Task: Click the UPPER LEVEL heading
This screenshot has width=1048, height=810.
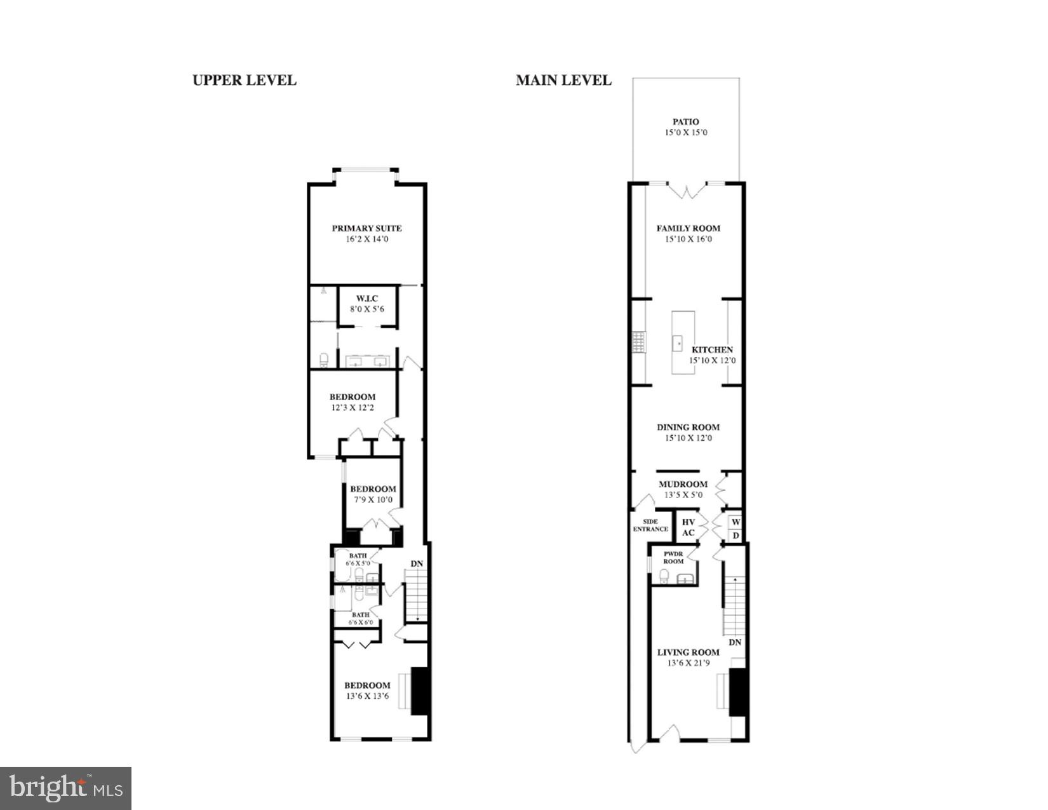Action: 244,81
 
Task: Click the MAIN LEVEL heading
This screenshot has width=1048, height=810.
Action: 563,81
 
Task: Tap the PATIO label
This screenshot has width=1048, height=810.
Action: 686,122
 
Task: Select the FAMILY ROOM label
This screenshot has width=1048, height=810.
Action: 689,228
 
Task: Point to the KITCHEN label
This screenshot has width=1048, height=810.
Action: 712,349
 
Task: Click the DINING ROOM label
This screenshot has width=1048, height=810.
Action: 688,427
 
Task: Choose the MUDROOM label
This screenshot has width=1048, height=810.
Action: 683,484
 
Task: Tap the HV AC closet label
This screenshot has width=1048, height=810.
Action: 689,527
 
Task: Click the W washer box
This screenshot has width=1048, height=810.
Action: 736,522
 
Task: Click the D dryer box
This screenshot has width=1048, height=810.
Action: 736,536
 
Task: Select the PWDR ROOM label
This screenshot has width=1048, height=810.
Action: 673,557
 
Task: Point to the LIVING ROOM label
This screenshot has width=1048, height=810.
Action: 688,652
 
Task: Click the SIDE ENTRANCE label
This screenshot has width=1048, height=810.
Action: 650,525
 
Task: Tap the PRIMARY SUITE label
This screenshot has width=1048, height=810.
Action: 366,228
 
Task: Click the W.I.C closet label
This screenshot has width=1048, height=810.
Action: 367,299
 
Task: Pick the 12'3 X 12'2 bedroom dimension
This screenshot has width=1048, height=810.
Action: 353,408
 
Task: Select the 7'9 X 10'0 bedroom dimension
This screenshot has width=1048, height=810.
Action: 373,500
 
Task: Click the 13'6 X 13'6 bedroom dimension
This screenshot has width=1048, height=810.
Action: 367,696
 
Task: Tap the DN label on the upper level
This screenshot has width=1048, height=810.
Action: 417,564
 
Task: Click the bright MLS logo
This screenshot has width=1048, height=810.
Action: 65,788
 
